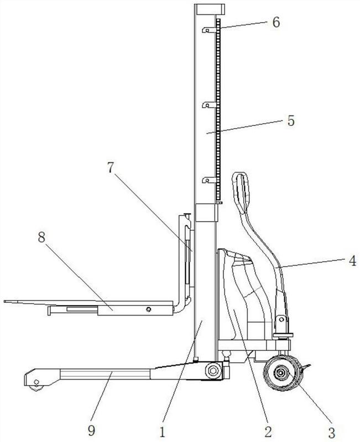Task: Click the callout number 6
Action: click(276, 22)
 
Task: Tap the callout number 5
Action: click(291, 120)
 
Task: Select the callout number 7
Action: click(111, 167)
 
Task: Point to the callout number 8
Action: click(41, 237)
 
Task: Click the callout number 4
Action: click(352, 261)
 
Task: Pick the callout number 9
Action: click(91, 430)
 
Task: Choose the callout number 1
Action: click(162, 432)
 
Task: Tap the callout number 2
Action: click(268, 431)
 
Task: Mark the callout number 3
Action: click(331, 432)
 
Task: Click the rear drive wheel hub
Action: click(280, 373)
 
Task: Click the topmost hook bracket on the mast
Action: click(210, 30)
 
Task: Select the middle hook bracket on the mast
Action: click(210, 105)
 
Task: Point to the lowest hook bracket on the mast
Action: click(210, 180)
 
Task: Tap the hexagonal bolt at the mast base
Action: click(213, 371)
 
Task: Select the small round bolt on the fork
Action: click(148, 309)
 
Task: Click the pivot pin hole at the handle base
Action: click(281, 320)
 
